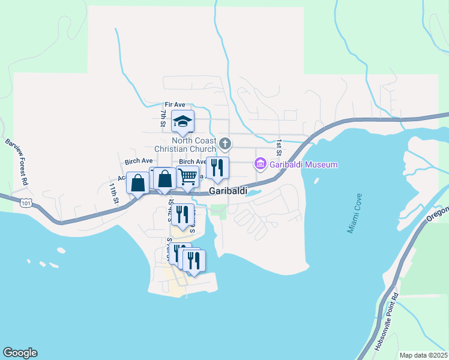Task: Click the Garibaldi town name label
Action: (228, 190)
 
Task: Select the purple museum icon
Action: (261, 163)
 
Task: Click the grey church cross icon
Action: (225, 143)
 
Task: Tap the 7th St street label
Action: (163, 118)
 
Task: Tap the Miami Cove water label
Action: (354, 212)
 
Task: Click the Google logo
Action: (20, 353)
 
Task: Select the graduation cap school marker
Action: (182, 122)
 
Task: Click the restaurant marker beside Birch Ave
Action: (217, 167)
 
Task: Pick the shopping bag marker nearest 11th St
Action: (137, 183)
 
